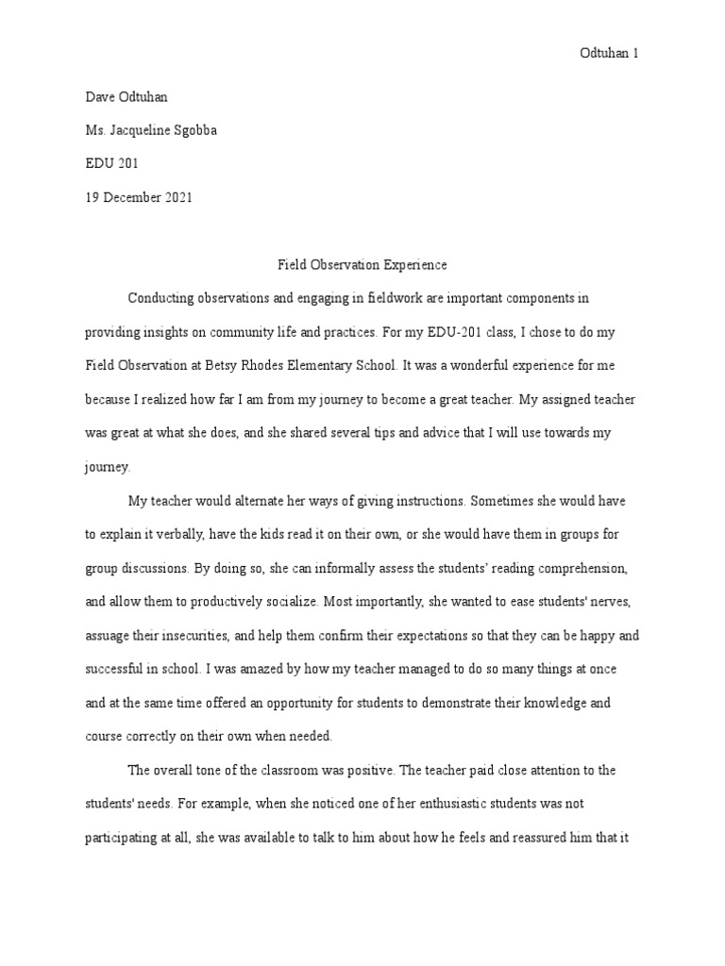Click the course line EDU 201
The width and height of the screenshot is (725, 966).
(111, 163)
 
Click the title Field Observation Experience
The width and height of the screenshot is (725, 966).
(362, 265)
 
